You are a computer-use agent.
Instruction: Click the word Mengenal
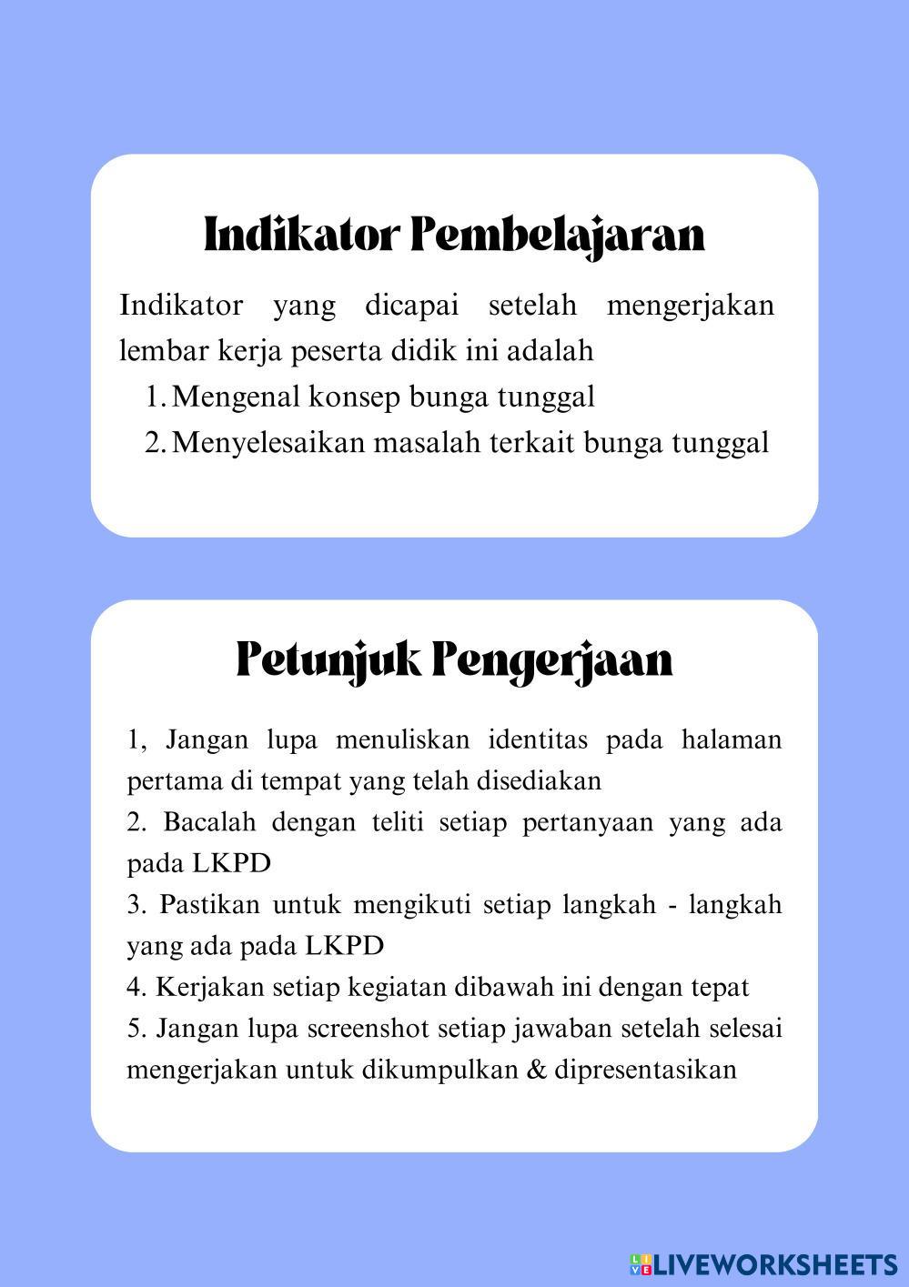tap(236, 397)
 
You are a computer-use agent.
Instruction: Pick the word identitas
tap(537, 739)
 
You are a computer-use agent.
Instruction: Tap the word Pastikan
tap(207, 905)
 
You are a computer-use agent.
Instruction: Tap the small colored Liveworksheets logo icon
tap(641, 1264)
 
